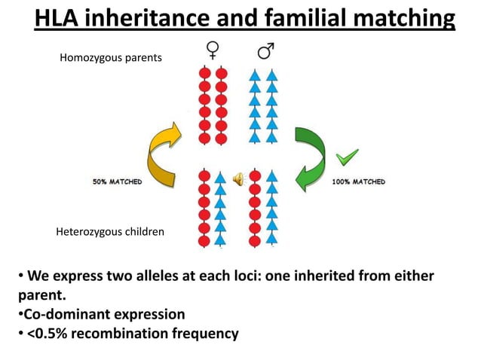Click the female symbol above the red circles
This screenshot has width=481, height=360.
(213, 51)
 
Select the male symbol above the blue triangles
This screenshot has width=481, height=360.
(265, 51)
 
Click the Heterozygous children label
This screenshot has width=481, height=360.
(110, 232)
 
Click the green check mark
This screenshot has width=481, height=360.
(346, 157)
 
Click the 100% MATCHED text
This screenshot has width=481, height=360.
(359, 182)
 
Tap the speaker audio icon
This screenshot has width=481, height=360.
(238, 178)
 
